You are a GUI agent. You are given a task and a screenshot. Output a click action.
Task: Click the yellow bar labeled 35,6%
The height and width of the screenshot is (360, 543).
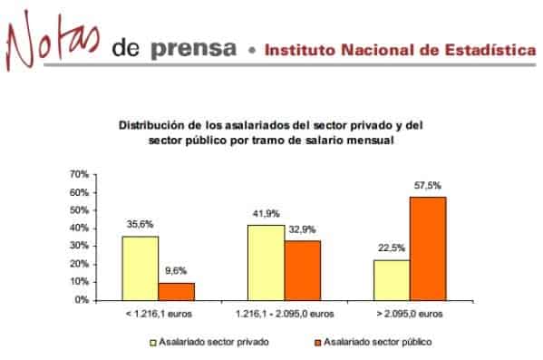point(141,268)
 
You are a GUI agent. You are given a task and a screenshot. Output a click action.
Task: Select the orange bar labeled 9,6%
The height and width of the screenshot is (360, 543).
point(176,290)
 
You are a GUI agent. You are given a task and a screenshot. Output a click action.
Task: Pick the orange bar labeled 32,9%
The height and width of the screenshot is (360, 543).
point(302,269)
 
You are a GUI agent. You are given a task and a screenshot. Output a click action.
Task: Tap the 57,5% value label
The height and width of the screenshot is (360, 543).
point(428,185)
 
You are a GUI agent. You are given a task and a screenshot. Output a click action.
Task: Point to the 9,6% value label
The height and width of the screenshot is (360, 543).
point(176,270)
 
